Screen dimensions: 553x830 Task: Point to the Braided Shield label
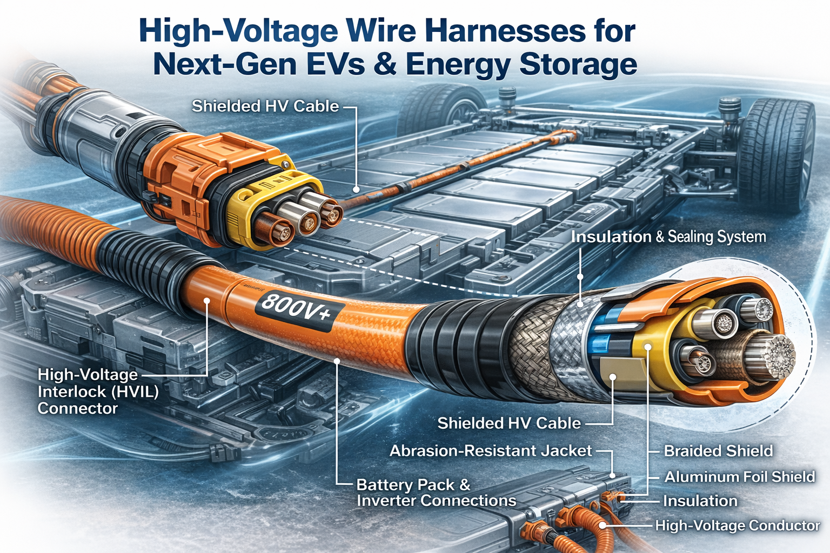tap(718, 451)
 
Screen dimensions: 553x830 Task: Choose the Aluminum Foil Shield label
tap(739, 477)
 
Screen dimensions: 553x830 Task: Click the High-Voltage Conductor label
tap(737, 525)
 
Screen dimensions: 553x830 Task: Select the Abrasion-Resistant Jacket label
tap(491, 451)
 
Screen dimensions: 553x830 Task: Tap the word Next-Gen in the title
tap(224, 64)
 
